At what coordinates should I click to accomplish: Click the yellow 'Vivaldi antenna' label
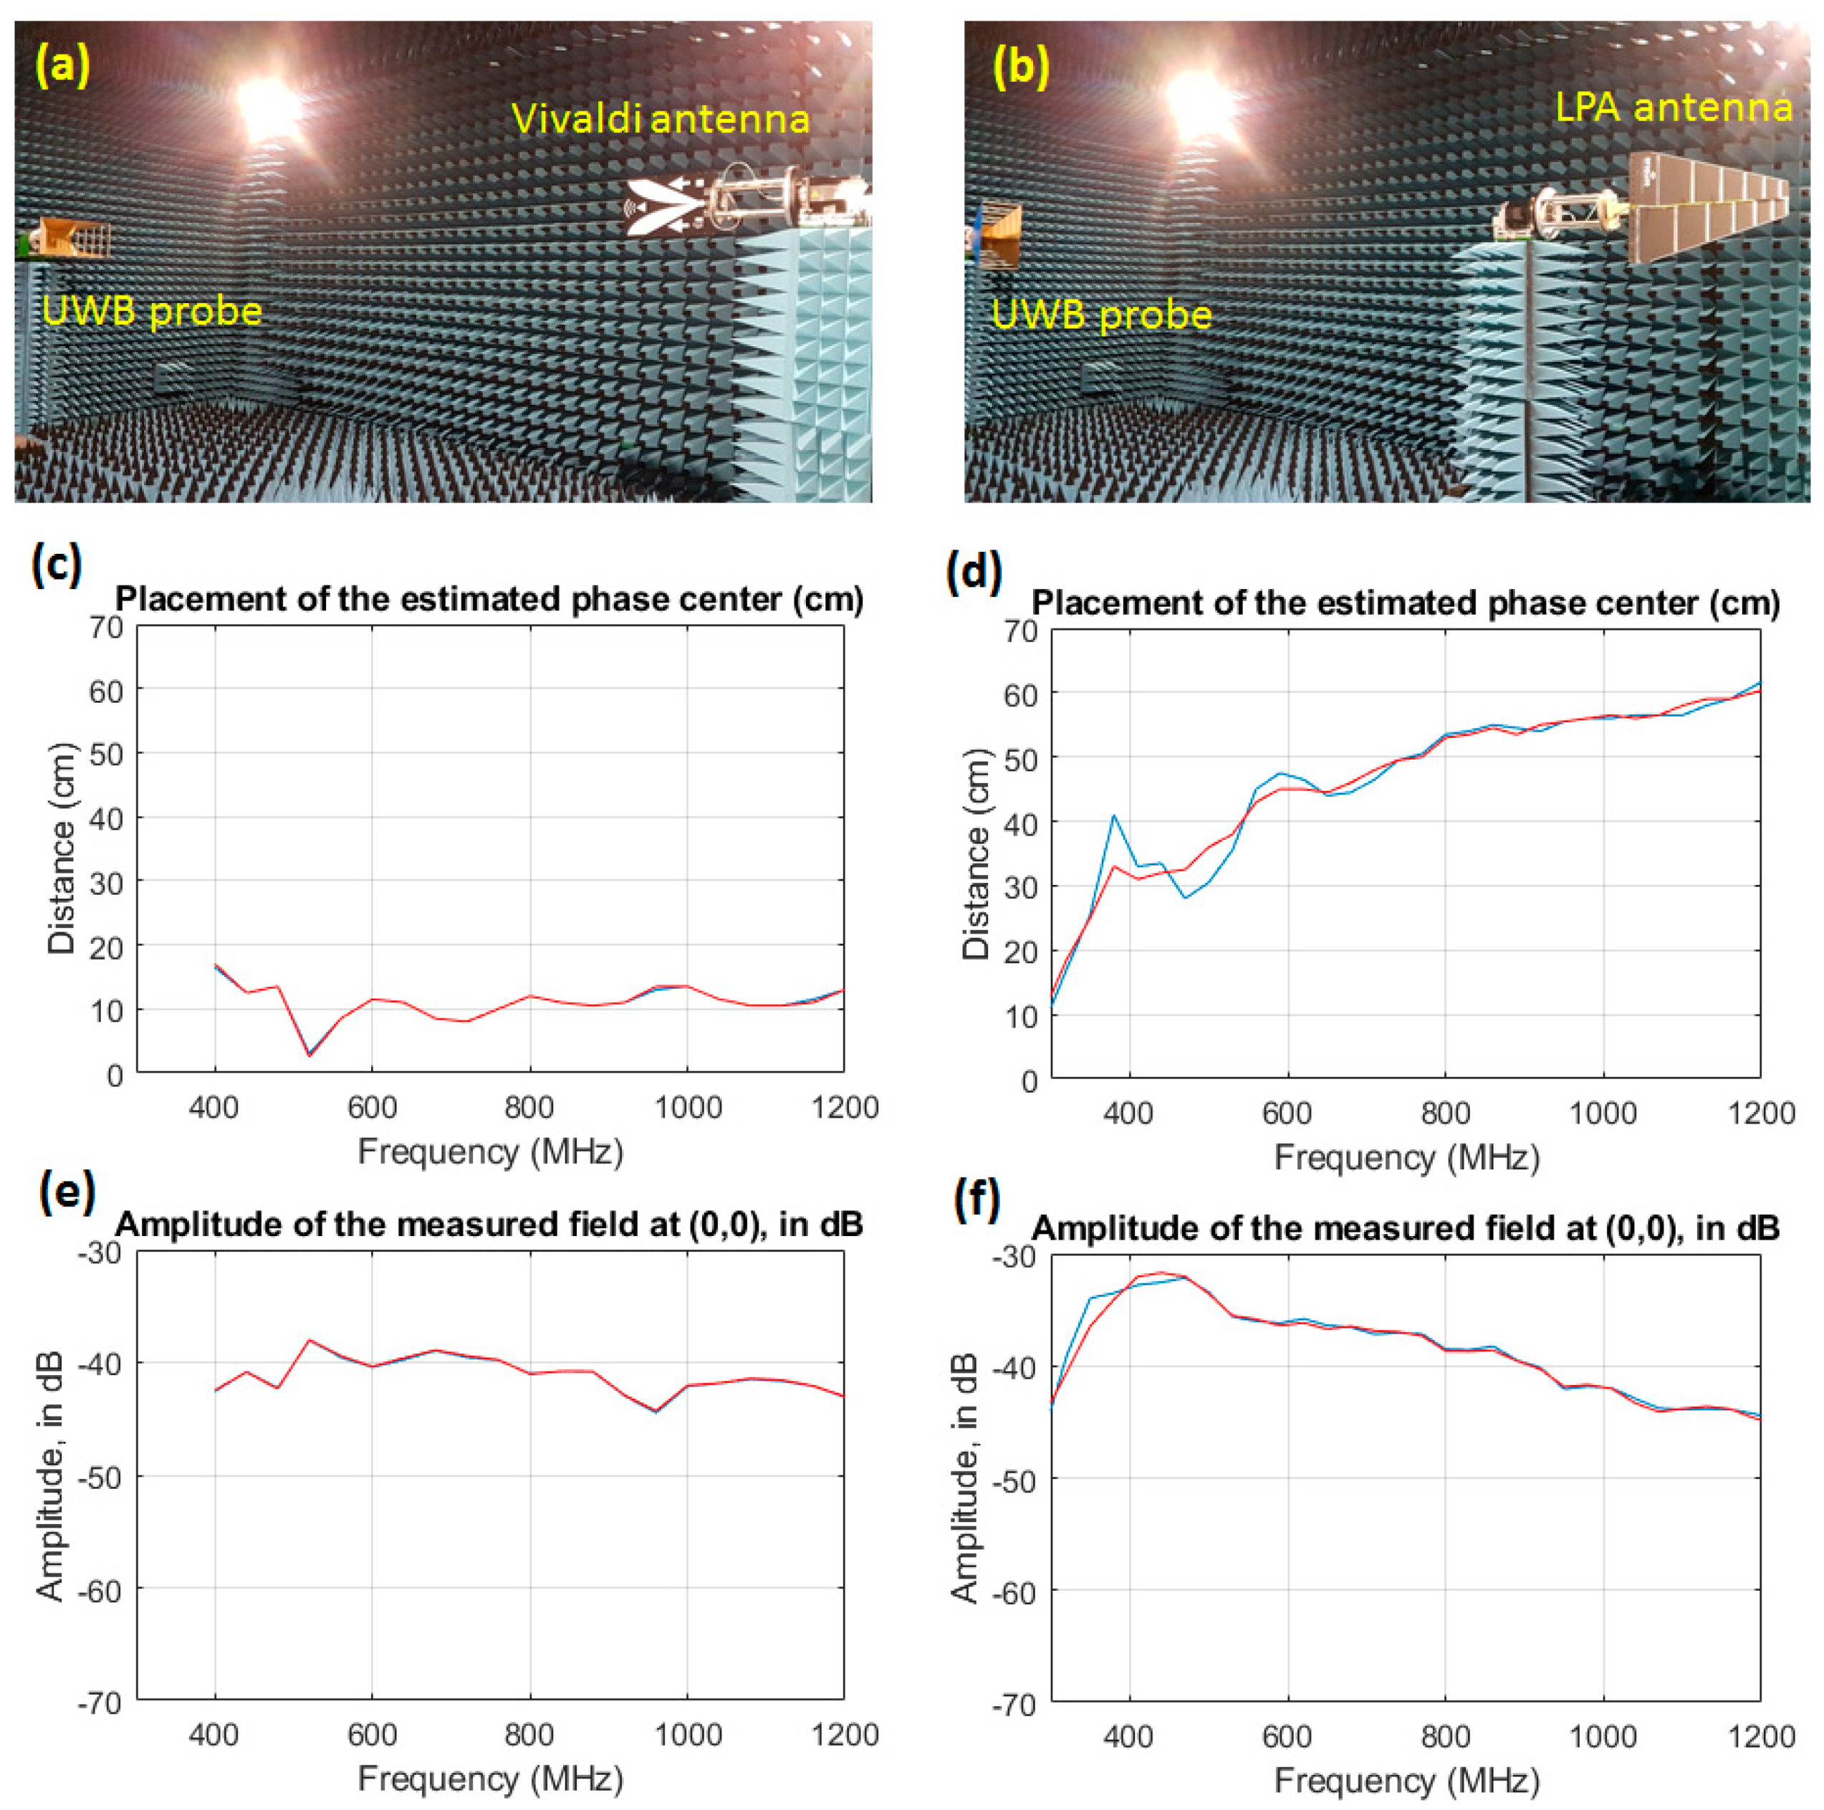[661, 120]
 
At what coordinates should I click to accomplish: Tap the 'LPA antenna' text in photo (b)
[1673, 107]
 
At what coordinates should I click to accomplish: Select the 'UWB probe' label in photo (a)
[152, 311]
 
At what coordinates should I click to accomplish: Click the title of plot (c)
[489, 600]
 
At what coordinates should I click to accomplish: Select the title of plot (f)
[1406, 1227]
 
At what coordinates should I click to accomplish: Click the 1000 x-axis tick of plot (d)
[1602, 1114]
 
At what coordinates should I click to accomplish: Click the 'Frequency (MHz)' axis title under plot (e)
[490, 1779]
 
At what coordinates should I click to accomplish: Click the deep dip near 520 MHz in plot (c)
[309, 1054]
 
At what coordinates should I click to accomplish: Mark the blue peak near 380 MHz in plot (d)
[1114, 815]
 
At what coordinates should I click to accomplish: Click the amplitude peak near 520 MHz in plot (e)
[309, 1340]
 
